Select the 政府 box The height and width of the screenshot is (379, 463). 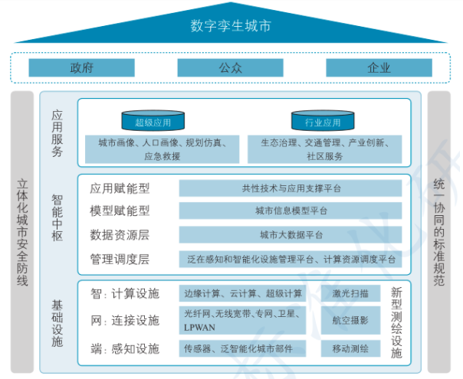pyautogui.click(x=81, y=67)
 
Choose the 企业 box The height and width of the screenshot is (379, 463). pyautogui.click(x=379, y=67)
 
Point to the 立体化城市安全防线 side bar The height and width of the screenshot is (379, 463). pyautogui.click(x=22, y=234)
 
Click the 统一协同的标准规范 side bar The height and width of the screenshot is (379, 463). pyautogui.click(x=439, y=234)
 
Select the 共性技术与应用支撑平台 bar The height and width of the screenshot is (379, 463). pyautogui.click(x=291, y=188)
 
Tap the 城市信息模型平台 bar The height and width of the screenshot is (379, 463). pyautogui.click(x=291, y=211)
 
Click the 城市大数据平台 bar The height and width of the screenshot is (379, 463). pyautogui.click(x=291, y=234)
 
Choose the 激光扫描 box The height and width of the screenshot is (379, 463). pyautogui.click(x=350, y=293)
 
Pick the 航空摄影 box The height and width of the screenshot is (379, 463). pyautogui.click(x=350, y=320)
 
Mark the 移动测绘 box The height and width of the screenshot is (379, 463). pyautogui.click(x=350, y=349)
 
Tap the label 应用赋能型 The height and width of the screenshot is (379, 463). pyautogui.click(x=120, y=188)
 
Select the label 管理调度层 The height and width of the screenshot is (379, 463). pyautogui.click(x=120, y=259)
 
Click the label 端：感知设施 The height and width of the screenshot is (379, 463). pyautogui.click(x=124, y=349)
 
